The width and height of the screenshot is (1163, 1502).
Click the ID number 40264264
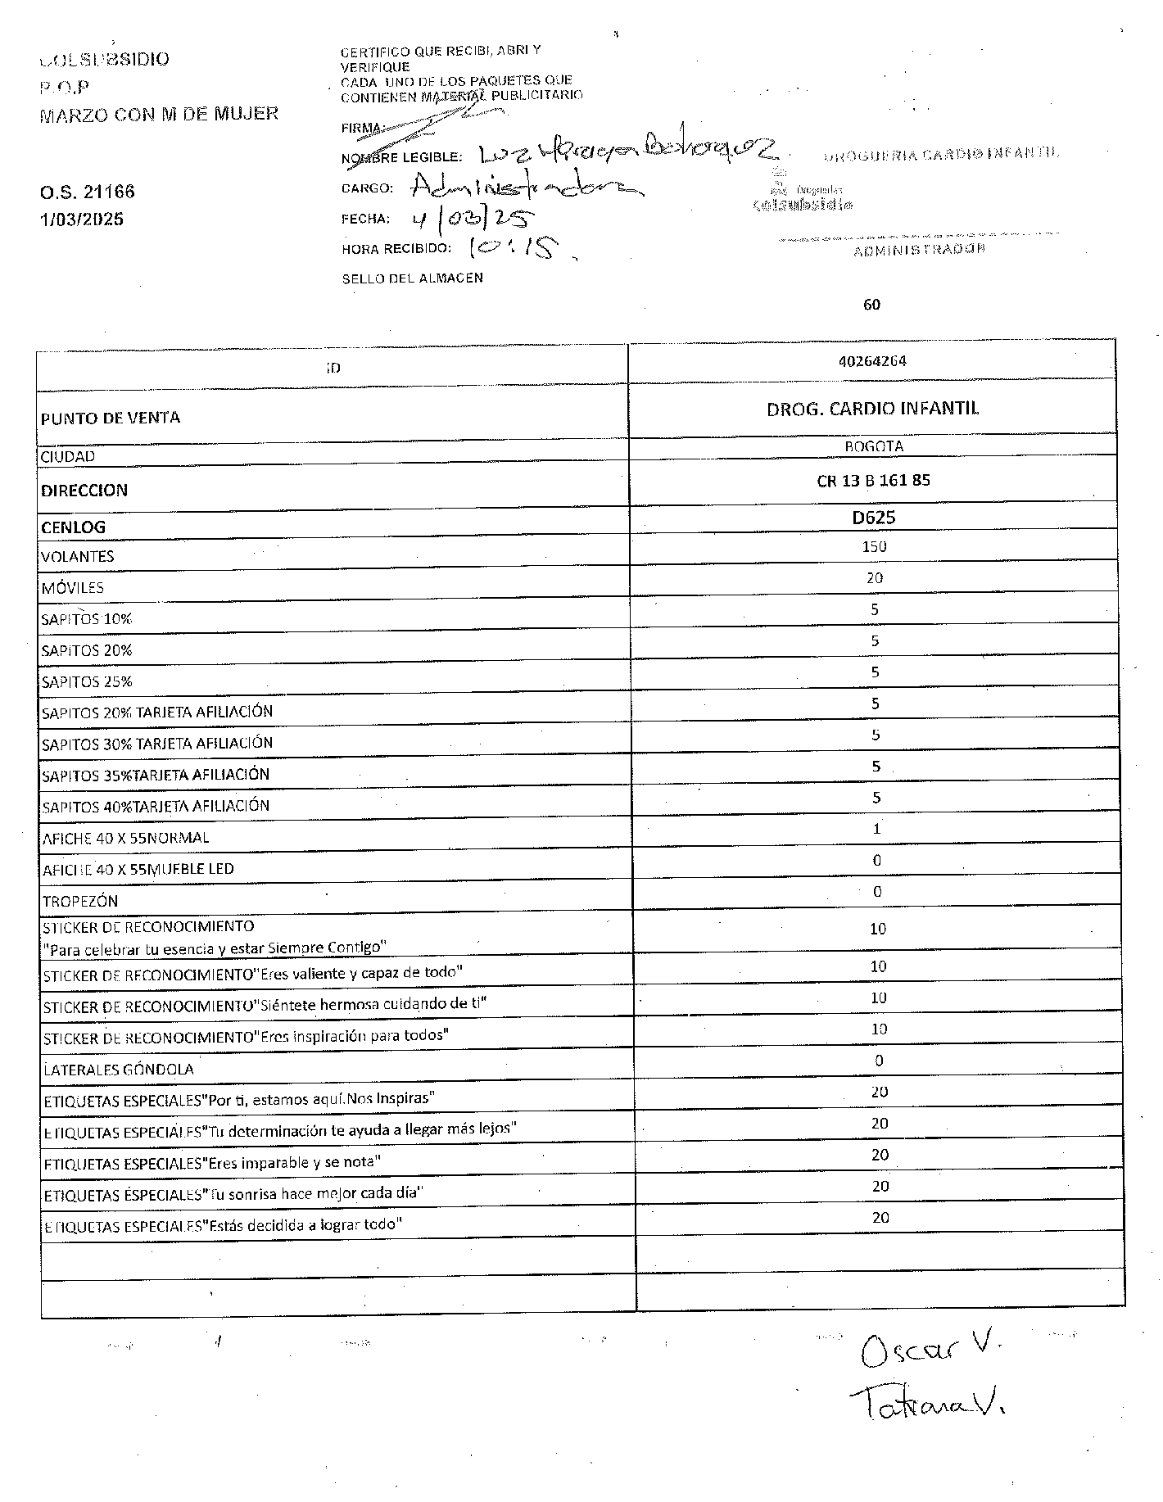point(872,361)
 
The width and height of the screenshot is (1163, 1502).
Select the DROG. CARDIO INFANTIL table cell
point(872,409)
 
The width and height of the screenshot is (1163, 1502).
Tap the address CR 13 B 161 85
point(873,481)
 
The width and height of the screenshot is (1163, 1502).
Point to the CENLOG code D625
point(874,518)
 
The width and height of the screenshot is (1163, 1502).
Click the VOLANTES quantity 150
point(874,547)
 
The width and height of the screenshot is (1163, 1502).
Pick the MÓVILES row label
point(73,588)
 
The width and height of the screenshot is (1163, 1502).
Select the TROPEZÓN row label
point(80,901)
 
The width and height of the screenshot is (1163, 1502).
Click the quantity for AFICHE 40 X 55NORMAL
point(876,829)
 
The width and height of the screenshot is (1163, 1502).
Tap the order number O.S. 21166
point(88,192)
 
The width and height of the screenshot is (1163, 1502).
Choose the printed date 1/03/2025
point(82,219)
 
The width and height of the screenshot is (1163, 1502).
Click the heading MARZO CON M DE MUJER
point(159,114)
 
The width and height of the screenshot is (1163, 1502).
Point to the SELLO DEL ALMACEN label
point(412,278)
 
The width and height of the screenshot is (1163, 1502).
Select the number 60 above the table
point(871,305)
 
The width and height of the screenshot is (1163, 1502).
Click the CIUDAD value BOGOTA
point(873,447)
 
